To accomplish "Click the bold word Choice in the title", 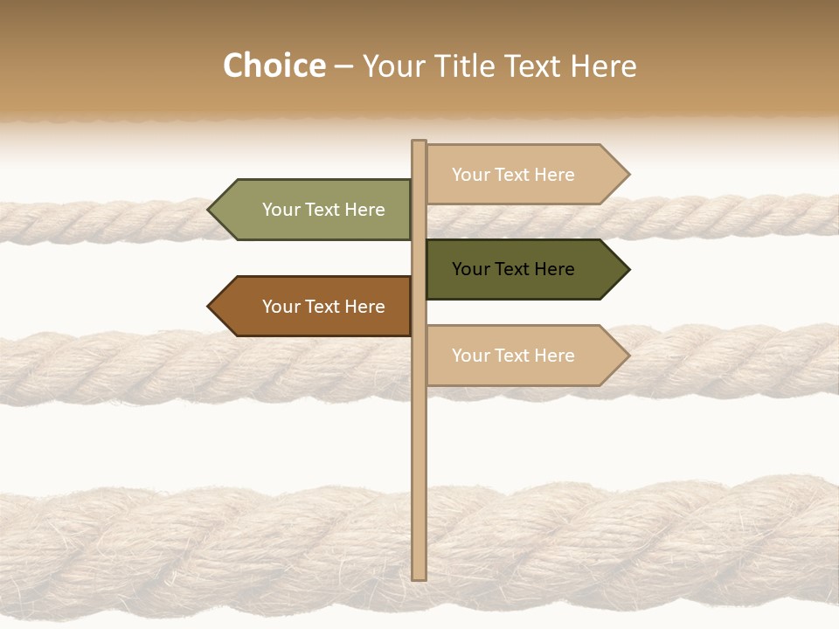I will (x=274, y=66).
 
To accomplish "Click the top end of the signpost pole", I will (x=419, y=142).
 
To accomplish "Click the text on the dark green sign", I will (x=513, y=269).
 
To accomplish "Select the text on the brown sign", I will (x=323, y=307).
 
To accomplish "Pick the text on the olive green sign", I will (x=323, y=210).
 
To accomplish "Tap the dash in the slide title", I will (x=343, y=66).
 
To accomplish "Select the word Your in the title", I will (x=392, y=66).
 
